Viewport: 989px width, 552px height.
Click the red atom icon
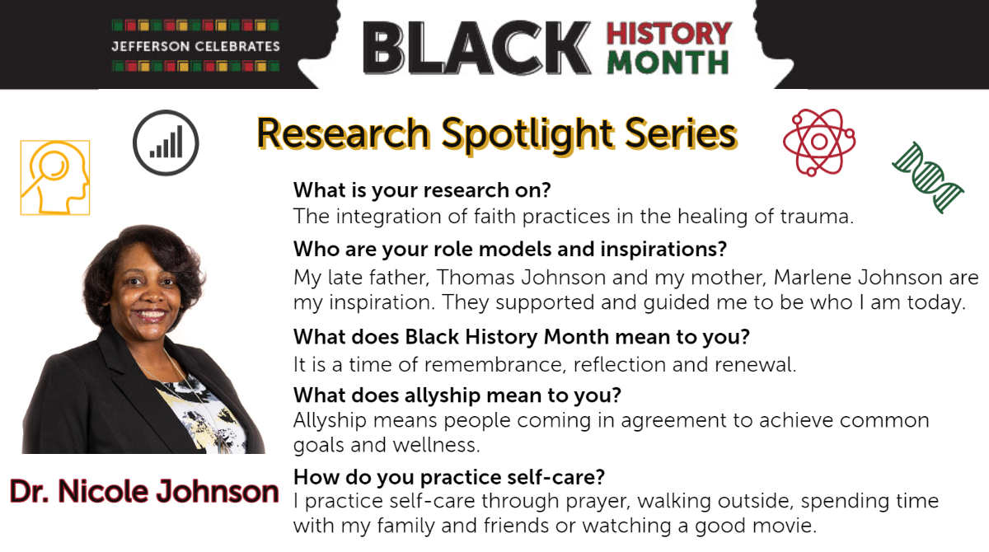pyautogui.click(x=819, y=142)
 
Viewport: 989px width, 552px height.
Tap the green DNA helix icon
pyautogui.click(x=928, y=177)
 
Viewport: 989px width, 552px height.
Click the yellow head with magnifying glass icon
pyautogui.click(x=55, y=178)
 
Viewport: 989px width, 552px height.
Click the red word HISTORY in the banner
pyautogui.click(x=669, y=34)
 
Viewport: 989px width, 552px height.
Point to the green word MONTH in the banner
pyautogui.click(x=668, y=63)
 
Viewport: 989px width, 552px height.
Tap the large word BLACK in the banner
pyautogui.click(x=477, y=47)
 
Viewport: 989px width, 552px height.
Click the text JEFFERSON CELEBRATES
pyautogui.click(x=195, y=46)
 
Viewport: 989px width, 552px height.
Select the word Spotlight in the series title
pyautogui.click(x=527, y=134)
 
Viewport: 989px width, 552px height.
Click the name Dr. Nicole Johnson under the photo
pyautogui.click(x=144, y=492)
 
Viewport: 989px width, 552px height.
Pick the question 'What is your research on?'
pyautogui.click(x=422, y=190)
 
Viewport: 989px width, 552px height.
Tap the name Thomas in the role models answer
pyautogui.click(x=476, y=278)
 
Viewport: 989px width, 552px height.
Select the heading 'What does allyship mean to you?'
pyautogui.click(x=457, y=395)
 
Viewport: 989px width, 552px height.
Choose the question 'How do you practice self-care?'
pyautogui.click(x=449, y=477)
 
